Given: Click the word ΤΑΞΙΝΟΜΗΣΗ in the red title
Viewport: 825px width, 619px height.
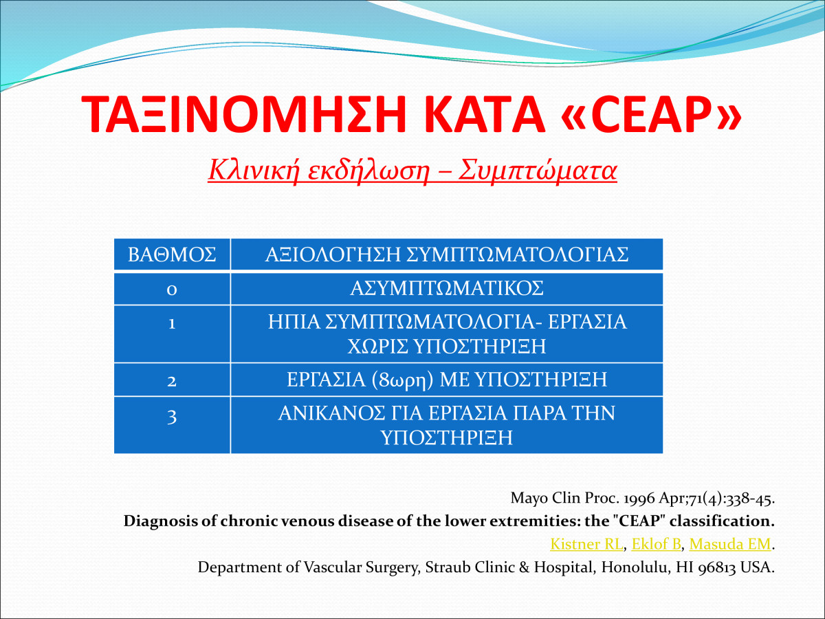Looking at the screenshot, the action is click(243, 114).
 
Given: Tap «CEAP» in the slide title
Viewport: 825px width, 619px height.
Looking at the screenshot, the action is click(651, 114).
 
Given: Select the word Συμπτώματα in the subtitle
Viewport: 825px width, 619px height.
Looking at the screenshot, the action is click(538, 171).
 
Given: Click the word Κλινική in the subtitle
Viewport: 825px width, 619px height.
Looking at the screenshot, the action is click(254, 171).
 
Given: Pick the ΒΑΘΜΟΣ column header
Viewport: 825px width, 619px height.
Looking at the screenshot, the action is click(172, 254).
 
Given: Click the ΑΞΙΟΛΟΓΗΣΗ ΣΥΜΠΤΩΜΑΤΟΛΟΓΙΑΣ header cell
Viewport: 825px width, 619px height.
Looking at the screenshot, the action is click(447, 254).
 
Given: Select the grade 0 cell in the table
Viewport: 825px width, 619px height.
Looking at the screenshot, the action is click(172, 289).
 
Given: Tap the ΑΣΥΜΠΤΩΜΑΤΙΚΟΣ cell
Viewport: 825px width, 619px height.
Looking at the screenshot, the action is click(447, 288).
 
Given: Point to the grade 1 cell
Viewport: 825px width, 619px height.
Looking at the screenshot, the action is click(172, 334).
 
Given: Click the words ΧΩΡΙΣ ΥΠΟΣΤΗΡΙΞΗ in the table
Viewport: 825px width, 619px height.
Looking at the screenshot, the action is click(447, 346).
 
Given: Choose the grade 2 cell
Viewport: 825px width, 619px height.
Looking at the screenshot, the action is click(172, 380).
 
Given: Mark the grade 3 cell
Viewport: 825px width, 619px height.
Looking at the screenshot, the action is click(172, 425).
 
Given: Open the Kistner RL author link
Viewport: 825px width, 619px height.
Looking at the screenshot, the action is click(586, 544).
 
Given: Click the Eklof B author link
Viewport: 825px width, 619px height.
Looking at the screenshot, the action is click(657, 544).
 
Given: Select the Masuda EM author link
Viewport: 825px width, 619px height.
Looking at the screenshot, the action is click(730, 544).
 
